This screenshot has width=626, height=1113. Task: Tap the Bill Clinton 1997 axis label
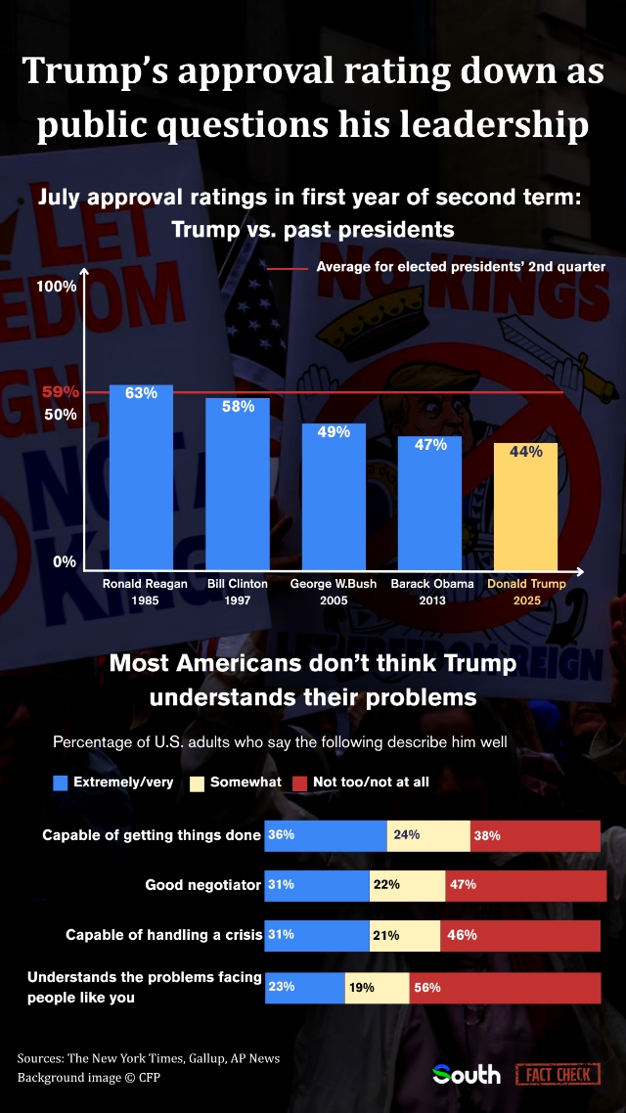(x=237, y=592)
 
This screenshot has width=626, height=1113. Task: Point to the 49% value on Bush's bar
(x=334, y=432)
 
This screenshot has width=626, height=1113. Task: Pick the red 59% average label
(x=61, y=392)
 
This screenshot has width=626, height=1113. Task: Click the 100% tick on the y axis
(x=56, y=287)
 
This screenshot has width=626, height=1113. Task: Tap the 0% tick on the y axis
(x=64, y=562)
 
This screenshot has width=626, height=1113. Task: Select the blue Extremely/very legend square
(x=61, y=782)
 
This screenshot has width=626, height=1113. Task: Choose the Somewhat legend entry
(x=235, y=782)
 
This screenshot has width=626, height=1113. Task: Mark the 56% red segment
(x=505, y=988)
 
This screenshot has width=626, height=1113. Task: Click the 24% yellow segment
(x=428, y=836)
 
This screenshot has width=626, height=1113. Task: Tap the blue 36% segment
(x=327, y=836)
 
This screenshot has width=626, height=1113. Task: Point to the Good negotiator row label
(x=202, y=885)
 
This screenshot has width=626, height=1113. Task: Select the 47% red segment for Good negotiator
(x=525, y=885)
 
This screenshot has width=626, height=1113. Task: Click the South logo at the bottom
(x=467, y=1075)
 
